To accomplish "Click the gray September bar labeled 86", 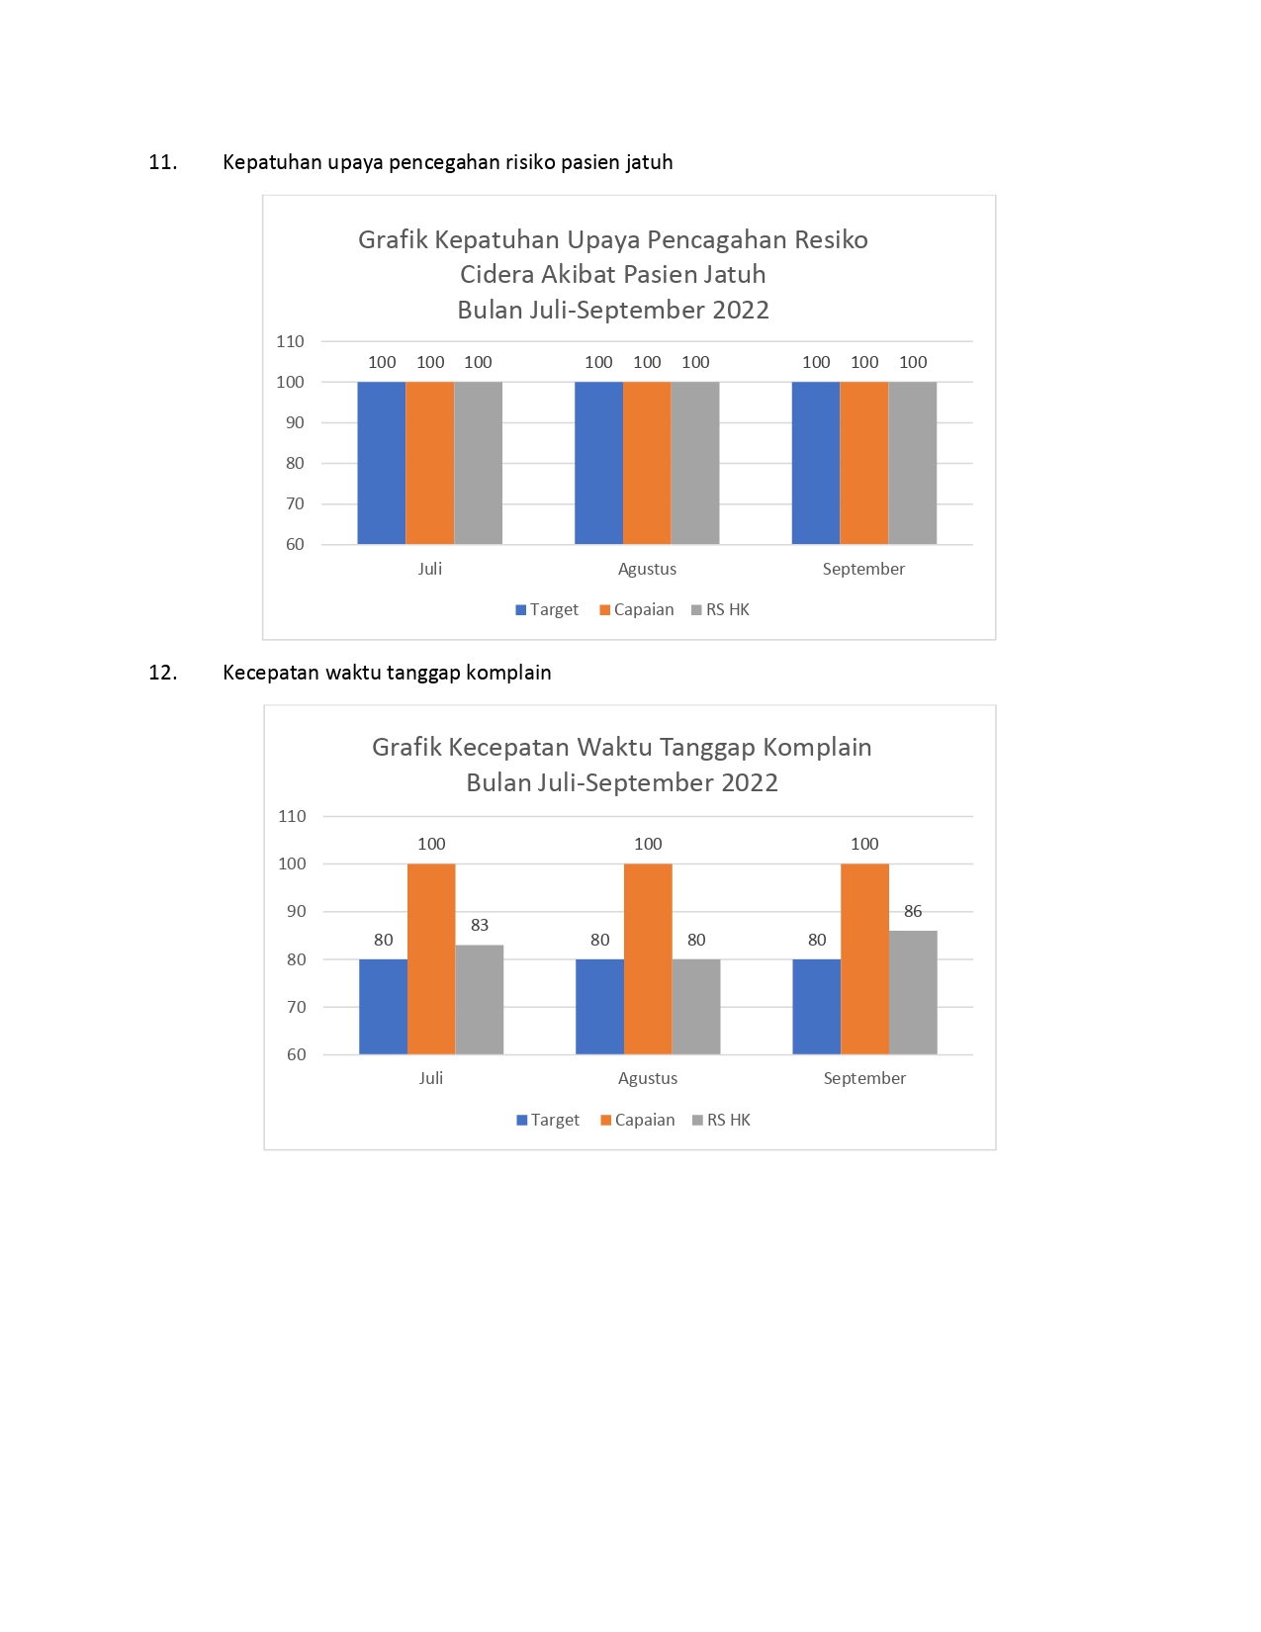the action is pos(913,992).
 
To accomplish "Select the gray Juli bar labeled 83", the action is pos(479,1000).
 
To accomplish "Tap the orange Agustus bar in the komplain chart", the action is pos(648,959).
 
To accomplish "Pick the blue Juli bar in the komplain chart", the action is pos(383,1006).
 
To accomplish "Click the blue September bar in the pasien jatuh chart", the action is pos(816,463).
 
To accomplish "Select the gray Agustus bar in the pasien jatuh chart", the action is pos(694,463).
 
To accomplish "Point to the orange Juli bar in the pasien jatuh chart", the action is pos(429,463).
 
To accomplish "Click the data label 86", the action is pos(913,911).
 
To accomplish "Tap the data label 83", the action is pos(479,925).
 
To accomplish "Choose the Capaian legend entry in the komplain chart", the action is pos(638,1120).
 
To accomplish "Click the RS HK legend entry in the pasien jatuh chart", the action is pos(720,610).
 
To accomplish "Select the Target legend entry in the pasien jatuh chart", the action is pos(547,610).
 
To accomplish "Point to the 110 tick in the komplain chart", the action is pos(292,816).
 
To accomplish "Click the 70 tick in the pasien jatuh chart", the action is pos(295,504).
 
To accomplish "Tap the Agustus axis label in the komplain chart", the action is pos(648,1078).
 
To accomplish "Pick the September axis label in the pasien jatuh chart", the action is pos(863,570).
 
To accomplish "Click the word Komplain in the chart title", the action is pos(817,748).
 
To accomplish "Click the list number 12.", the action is pos(163,673).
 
